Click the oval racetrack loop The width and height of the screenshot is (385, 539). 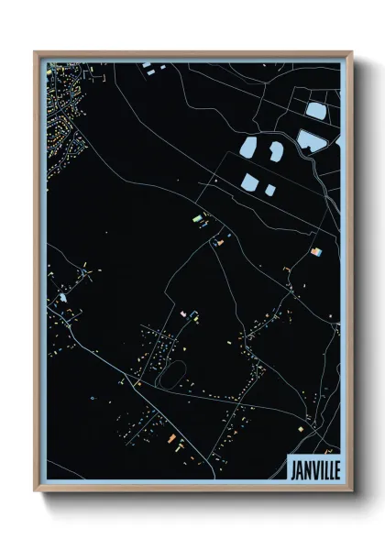coord(170,372)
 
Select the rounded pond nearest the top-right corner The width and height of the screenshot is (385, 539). coord(314,113)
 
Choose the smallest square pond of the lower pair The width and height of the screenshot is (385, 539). coord(270,190)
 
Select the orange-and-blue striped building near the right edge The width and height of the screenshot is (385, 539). coord(315,251)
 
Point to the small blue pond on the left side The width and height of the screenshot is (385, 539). coord(63,297)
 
